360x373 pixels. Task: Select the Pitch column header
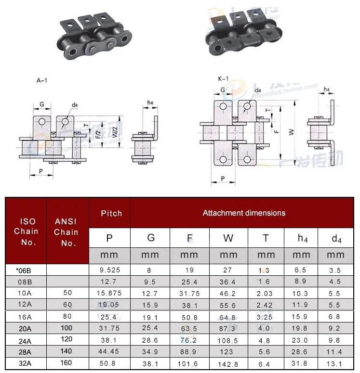tap(111, 213)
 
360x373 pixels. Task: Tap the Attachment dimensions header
tap(244, 213)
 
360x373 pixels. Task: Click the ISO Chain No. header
tap(28, 232)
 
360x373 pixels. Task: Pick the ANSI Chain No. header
tap(68, 232)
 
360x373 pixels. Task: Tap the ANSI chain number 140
tap(67, 351)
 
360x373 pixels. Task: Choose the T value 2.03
tap(266, 293)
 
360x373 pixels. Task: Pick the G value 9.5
tap(151, 282)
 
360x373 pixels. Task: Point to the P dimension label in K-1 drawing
tap(223, 179)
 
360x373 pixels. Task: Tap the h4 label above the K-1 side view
tap(326, 90)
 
